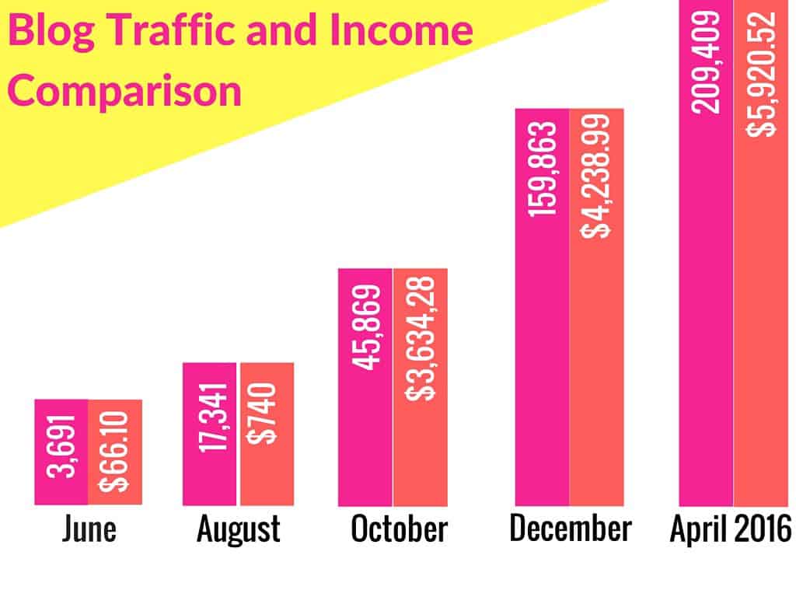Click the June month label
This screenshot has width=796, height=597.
point(89,529)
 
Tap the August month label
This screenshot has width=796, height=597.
point(238,529)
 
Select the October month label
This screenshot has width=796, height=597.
point(399,529)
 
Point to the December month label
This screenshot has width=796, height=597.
point(570,528)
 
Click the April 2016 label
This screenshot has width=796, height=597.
point(731,529)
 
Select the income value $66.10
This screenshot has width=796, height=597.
point(115,452)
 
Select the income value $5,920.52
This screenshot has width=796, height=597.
point(762,74)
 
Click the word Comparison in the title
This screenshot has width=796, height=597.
point(128,92)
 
